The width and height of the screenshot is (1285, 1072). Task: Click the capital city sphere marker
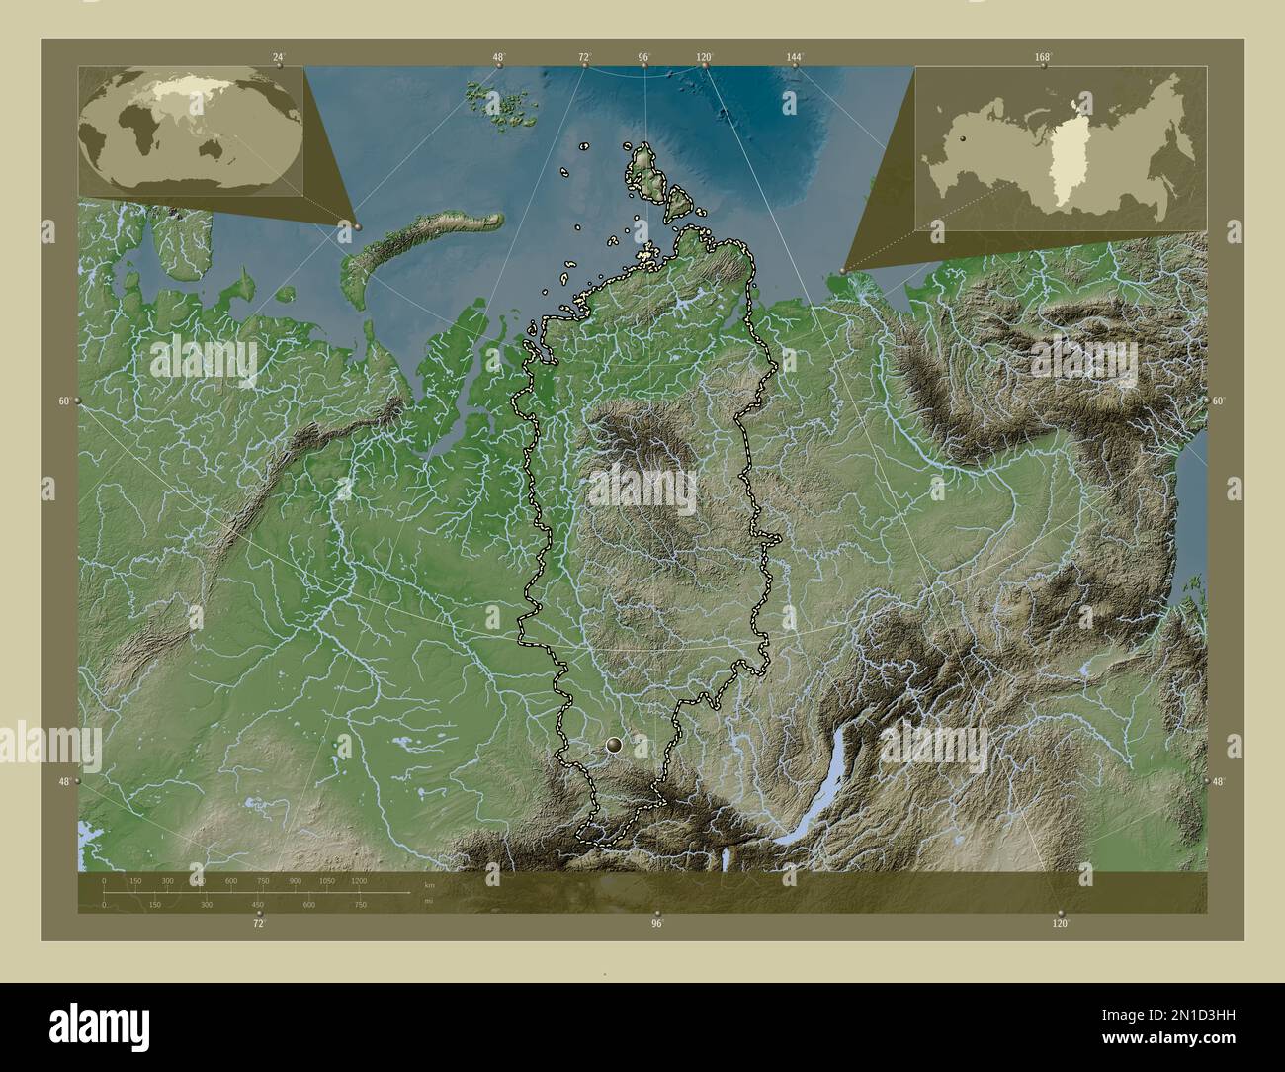coord(617,744)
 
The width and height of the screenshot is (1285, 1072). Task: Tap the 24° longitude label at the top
coord(280,57)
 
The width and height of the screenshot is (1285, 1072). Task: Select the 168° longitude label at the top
coord(1043,57)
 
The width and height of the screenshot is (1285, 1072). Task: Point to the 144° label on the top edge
coord(794,57)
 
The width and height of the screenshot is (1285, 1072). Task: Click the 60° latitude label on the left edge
coord(63,401)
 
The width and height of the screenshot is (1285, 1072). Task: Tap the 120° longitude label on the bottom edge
coord(1060,923)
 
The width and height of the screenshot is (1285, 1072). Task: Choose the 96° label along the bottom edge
coord(656,923)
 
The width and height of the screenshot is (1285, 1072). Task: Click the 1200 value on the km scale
coord(359,880)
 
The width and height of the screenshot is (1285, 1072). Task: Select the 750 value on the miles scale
coord(361,904)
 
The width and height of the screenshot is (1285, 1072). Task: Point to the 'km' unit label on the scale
coord(428,884)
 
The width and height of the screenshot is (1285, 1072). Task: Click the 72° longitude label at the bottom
coord(258,923)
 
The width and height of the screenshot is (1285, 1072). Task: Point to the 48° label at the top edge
coord(498,57)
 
